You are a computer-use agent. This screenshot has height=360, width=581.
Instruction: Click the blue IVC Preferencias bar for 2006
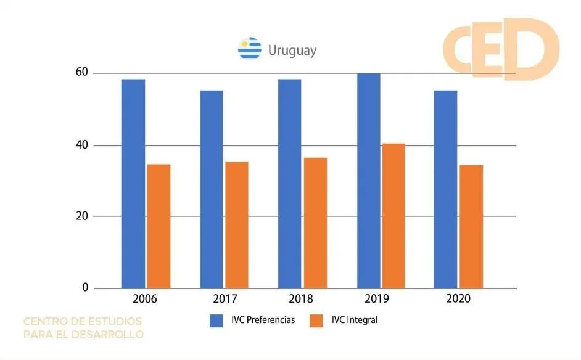133,184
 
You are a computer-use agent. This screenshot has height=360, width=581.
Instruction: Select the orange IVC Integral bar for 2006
159,226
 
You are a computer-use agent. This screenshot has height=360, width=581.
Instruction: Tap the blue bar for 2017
212,189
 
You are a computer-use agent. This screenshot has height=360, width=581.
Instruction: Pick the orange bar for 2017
237,225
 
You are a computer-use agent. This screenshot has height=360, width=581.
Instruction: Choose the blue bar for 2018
290,184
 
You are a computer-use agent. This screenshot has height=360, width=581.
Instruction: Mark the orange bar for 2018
315,223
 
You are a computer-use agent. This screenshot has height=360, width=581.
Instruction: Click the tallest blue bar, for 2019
369,181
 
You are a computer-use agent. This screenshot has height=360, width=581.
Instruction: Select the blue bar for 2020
446,189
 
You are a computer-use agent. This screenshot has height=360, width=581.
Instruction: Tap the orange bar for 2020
471,226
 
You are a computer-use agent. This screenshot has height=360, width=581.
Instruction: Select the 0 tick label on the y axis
85,288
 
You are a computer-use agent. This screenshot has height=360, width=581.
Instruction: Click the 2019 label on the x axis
377,299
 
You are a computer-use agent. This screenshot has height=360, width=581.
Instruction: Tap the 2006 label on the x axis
144,299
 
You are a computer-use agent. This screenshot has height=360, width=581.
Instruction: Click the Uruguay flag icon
250,48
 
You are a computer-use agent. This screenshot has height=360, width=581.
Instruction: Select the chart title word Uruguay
292,50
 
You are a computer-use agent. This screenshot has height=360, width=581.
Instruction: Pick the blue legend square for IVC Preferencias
216,320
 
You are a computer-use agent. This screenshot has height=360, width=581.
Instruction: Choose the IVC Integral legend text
354,320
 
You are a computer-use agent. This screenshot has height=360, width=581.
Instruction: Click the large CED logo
500,48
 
